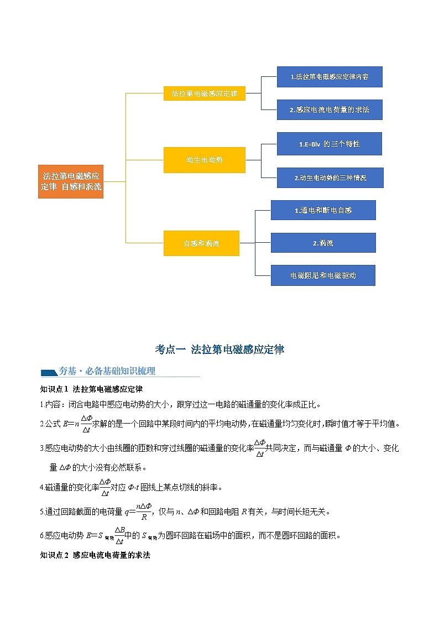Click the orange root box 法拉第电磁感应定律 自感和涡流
71,181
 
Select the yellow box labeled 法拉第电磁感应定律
205,93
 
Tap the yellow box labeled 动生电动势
205,160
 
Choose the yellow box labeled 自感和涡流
201,243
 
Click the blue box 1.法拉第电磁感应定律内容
330,77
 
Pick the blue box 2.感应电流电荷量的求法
330,109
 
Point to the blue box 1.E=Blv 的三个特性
330,144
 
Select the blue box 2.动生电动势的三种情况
330,178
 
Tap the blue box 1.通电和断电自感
323,210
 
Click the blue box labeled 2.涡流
323,243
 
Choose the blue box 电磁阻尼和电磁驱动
323,275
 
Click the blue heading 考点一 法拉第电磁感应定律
219,349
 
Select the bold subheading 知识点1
55,389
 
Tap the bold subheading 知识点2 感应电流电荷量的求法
96,554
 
